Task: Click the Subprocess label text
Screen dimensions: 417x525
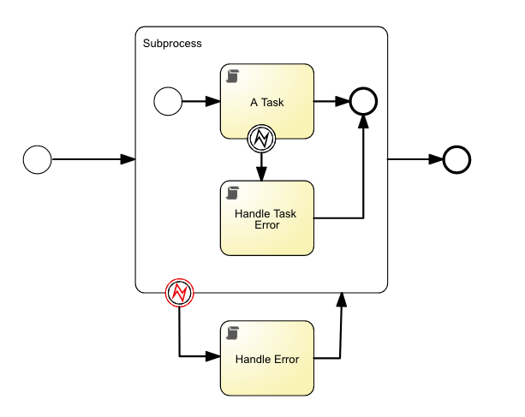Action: tap(172, 43)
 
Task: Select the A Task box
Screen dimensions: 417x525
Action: tap(267, 102)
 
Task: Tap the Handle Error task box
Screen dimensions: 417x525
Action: tap(267, 359)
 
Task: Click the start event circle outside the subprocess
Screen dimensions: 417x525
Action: tap(38, 159)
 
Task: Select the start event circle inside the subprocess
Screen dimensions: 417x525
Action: tap(168, 101)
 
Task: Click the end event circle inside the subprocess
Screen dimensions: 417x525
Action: tap(364, 101)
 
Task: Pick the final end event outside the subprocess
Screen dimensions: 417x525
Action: tap(456, 159)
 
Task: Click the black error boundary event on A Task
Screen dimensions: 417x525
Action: tap(261, 138)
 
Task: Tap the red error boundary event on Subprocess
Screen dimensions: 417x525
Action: tap(179, 293)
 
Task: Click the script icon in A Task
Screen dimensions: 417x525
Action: tap(232, 77)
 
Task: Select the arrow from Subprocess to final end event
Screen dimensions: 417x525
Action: tap(415, 159)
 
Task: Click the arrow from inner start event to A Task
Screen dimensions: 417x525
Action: tap(200, 101)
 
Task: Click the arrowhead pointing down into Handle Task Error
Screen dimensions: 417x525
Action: tap(261, 174)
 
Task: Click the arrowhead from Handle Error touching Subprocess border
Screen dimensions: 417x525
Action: tap(342, 300)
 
